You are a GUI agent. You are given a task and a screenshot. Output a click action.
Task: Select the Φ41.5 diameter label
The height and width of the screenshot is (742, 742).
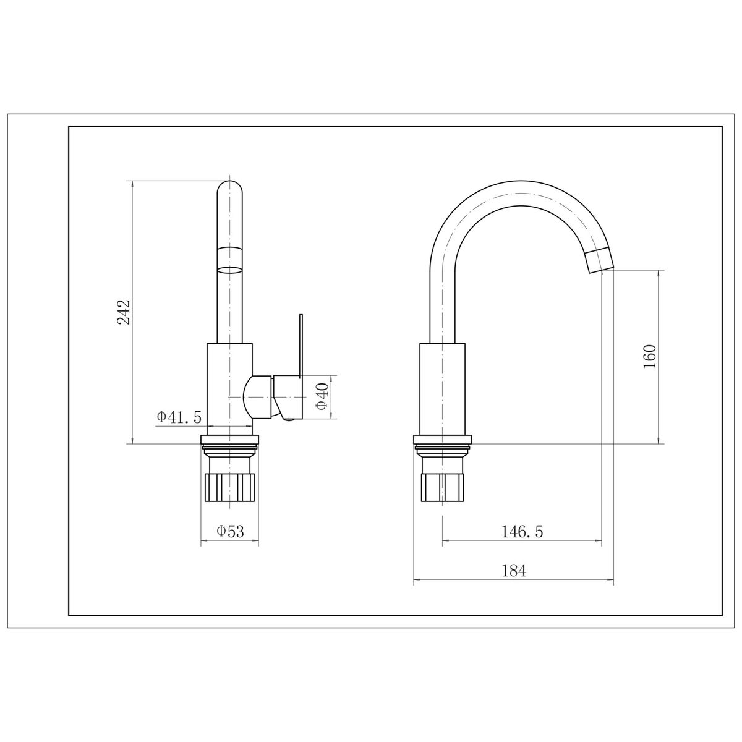[x=179, y=417]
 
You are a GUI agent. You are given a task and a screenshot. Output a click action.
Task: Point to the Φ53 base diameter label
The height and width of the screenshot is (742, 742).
[x=230, y=532]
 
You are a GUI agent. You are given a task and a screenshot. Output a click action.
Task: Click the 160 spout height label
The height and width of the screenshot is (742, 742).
[x=649, y=356]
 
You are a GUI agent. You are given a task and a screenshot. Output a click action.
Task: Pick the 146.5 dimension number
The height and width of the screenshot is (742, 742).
[x=522, y=532]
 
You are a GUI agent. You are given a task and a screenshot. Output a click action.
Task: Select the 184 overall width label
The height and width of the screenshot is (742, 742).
[x=514, y=571]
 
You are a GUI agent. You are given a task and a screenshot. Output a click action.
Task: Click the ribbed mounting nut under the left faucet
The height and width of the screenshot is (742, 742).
[x=230, y=488]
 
